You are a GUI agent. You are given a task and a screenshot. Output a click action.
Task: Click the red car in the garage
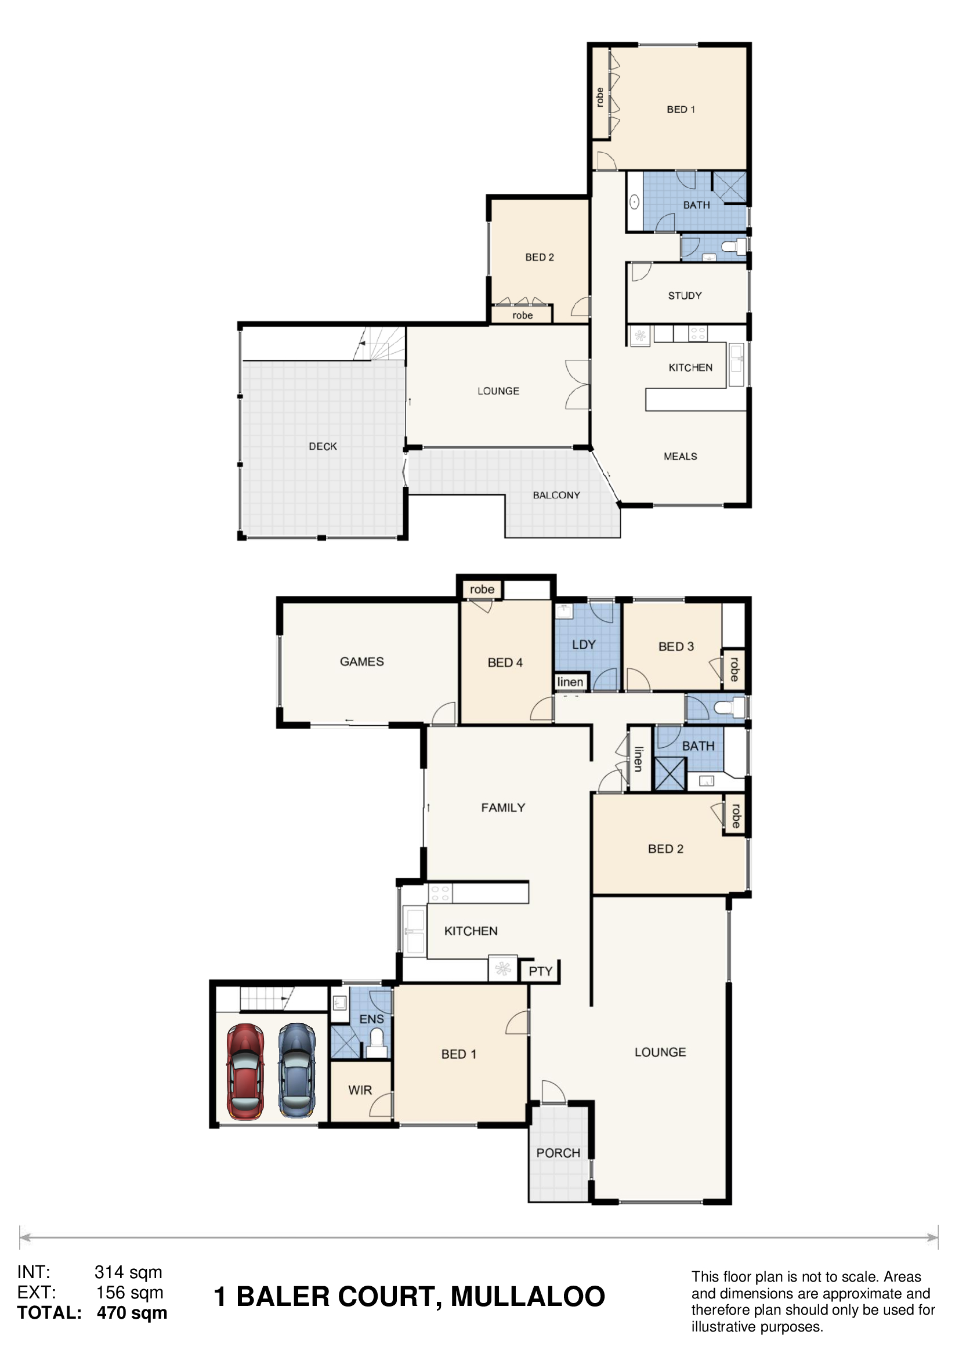point(245,1072)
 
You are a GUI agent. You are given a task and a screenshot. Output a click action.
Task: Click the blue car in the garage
point(296,1070)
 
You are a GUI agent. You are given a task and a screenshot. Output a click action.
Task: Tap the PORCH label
point(558,1153)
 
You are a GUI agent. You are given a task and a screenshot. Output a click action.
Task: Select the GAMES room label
point(361,662)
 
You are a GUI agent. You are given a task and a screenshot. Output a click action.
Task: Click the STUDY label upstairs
point(685,295)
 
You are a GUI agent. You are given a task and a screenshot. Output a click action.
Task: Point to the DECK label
point(323,446)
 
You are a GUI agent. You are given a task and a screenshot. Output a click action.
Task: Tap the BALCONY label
point(556,495)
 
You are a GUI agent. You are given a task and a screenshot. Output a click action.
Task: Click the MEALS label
point(680,456)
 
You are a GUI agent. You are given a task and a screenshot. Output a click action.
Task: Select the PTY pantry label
point(540,972)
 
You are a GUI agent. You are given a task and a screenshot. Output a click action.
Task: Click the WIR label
point(360,1091)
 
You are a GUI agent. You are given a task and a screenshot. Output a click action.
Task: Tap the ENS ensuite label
point(372,1019)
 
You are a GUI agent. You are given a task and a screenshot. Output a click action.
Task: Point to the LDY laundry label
point(584,645)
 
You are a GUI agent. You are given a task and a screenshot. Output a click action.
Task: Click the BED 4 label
point(505,663)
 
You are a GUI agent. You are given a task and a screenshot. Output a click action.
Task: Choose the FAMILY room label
point(503,808)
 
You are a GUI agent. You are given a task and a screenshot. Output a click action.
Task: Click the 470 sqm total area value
point(132,1313)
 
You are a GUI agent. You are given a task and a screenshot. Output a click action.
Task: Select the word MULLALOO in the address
point(528,1297)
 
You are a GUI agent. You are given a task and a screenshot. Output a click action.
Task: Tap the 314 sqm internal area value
point(128,1272)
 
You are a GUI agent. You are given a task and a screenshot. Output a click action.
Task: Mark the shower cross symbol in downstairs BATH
point(670,774)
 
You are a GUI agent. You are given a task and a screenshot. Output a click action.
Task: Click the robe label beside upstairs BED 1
point(600,97)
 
